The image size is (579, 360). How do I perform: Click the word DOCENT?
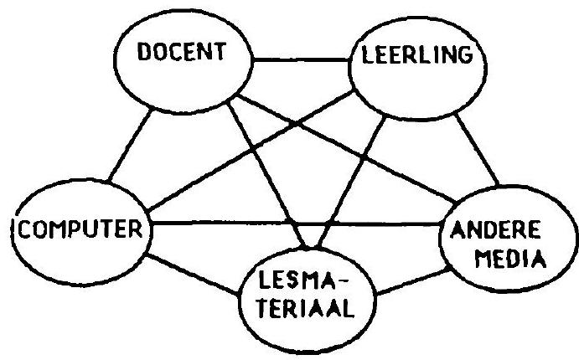point(182,51)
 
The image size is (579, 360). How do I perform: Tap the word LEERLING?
point(417,55)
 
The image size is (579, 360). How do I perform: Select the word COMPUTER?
point(80,229)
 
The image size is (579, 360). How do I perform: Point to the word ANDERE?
point(495,229)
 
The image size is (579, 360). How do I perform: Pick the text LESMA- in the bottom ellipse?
point(303,280)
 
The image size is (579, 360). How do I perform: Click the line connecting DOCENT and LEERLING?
point(301,59)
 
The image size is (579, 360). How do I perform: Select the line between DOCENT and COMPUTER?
point(129,146)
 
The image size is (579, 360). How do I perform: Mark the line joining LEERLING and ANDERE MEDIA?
point(477,149)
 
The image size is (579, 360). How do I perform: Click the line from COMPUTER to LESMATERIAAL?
point(193,274)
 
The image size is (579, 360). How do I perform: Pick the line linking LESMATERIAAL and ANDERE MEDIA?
point(413,282)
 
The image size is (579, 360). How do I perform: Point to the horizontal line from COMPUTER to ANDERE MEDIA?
point(296,224)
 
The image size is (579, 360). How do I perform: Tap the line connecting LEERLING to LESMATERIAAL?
point(350,182)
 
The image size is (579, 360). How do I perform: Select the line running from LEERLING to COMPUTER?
point(250,151)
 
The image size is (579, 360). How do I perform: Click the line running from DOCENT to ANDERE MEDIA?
point(347,149)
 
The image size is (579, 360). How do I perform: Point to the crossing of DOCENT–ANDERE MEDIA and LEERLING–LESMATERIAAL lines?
point(363,157)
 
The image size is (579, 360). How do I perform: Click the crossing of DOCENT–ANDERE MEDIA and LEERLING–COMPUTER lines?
point(297,125)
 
